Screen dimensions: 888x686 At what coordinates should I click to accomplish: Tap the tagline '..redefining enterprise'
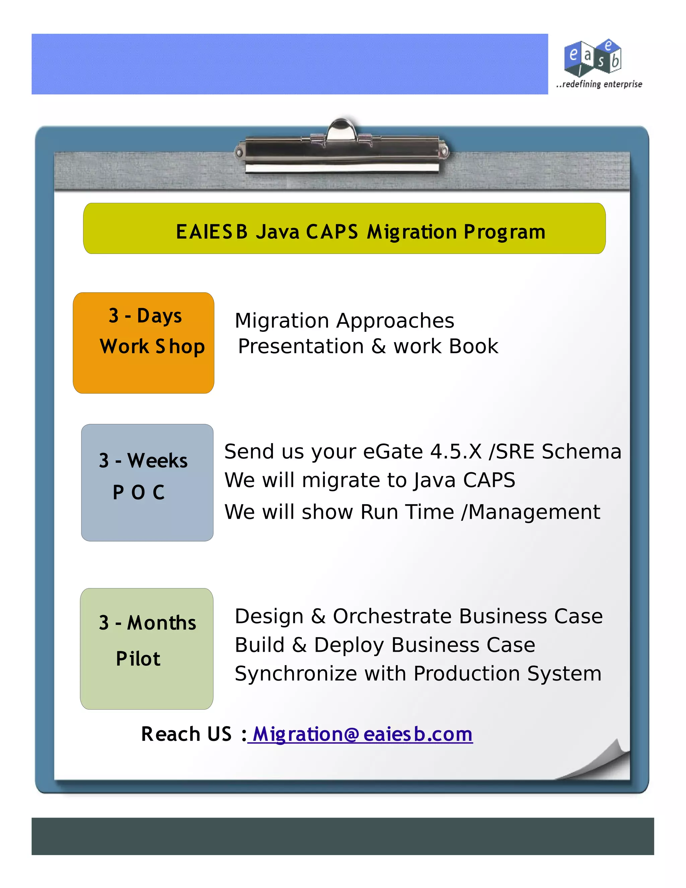pos(599,84)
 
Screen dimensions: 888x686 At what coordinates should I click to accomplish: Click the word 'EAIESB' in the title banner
pos(211,232)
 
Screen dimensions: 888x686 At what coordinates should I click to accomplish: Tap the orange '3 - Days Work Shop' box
pos(143,342)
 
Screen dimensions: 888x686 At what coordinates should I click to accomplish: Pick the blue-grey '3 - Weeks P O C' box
pos(147,482)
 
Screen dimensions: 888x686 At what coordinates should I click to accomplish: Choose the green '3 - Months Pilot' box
pos(147,648)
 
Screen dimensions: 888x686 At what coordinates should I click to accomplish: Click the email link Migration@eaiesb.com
pos(362,734)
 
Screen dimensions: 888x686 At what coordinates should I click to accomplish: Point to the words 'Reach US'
pos(186,734)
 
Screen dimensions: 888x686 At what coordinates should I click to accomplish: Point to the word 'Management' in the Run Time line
pos(534,512)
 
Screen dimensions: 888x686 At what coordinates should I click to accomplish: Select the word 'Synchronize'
pos(295,674)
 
